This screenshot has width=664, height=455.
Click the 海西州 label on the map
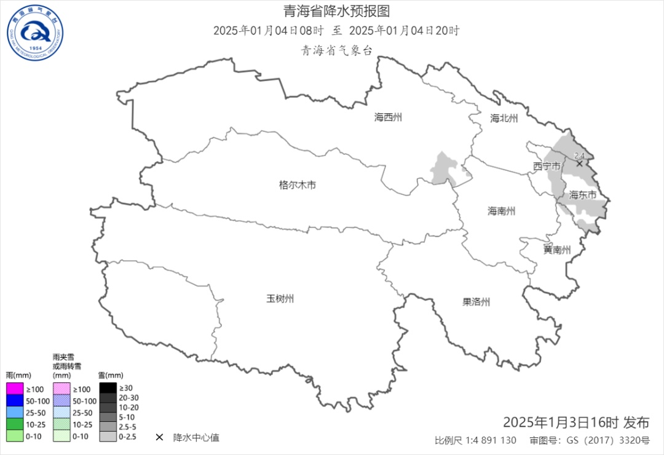[x=388, y=117]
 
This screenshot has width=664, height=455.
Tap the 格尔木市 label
[x=297, y=184]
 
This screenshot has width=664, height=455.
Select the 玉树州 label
[x=280, y=299]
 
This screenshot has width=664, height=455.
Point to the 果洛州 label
[x=476, y=302]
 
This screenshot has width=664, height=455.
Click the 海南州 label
[x=501, y=211]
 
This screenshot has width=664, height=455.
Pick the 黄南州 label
[x=557, y=250]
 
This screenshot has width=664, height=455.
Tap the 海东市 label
[x=582, y=195]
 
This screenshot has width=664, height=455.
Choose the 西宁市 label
[x=546, y=167]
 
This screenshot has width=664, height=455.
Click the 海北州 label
[x=504, y=118]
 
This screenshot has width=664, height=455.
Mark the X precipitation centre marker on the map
[x=579, y=164]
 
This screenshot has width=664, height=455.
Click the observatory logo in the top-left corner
[x=35, y=33]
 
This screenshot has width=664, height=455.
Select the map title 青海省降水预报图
[x=336, y=11]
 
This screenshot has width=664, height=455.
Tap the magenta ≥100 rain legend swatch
[x=14, y=389]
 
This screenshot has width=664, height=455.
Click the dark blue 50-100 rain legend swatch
[x=14, y=401]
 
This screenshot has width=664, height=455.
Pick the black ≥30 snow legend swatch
[x=107, y=388]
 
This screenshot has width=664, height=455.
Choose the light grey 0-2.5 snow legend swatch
[x=107, y=437]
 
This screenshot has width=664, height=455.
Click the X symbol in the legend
[x=159, y=437]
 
